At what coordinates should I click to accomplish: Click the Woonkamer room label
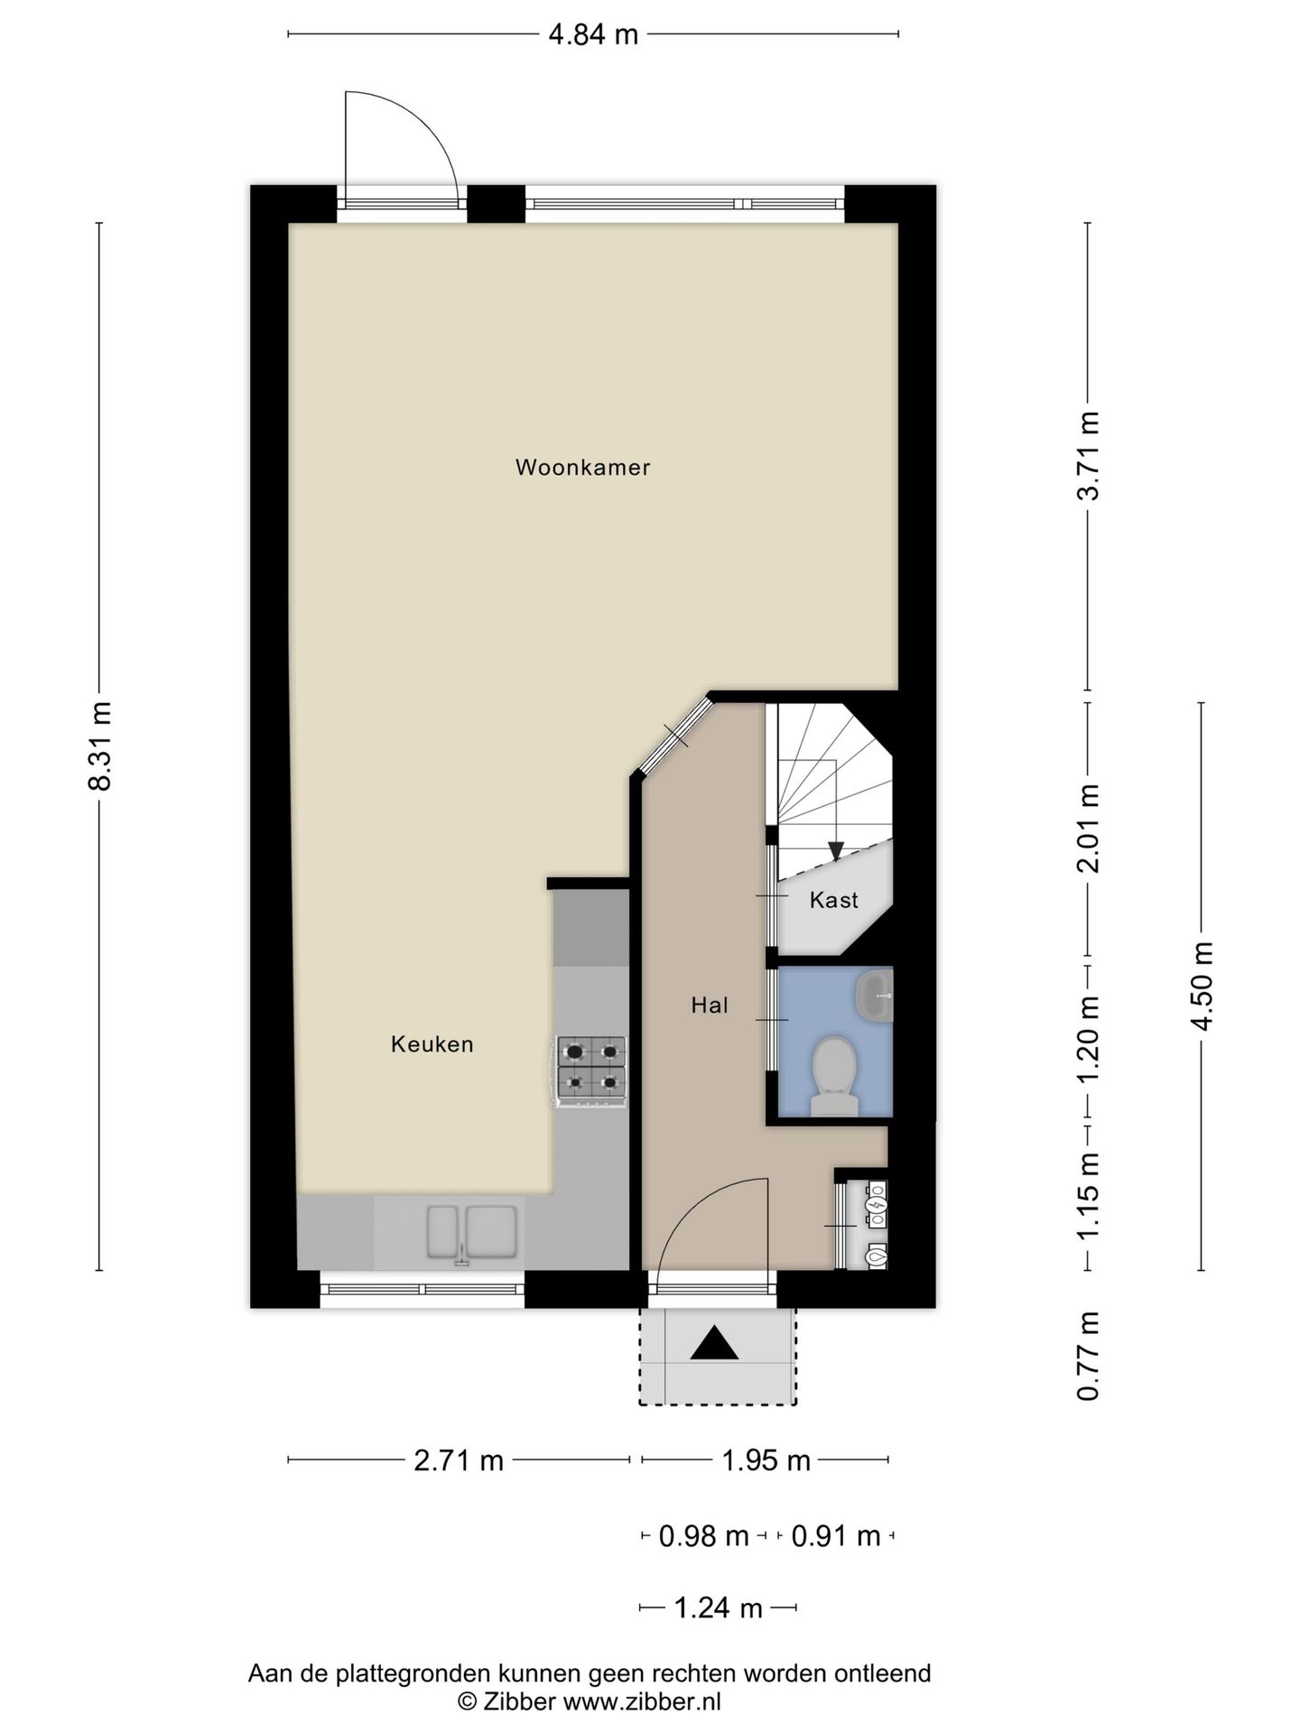coord(582,468)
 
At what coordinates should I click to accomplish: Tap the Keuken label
coord(432,1044)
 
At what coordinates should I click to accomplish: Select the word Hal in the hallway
coord(710,1006)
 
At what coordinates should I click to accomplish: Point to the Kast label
coord(833,900)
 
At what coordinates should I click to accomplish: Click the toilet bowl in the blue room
coord(834,1077)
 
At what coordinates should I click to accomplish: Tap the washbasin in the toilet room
coord(873,996)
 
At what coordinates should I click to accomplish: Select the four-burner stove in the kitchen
coord(591,1070)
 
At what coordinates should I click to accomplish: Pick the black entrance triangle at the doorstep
coord(714,1342)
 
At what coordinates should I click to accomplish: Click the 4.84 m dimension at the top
coord(593,34)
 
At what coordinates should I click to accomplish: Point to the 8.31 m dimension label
coord(100,746)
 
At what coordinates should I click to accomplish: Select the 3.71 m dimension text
coord(1090,455)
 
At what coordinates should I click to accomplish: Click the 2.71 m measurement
coord(459,1460)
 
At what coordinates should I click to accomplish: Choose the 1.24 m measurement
coord(719,1608)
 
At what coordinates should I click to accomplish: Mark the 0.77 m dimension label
coord(1090,1356)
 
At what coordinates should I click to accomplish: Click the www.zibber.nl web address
coord(642,1702)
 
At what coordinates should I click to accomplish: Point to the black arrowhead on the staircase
coord(836,851)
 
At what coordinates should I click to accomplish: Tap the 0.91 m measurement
coord(836,1535)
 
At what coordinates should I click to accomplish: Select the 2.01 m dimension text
coord(1090,829)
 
